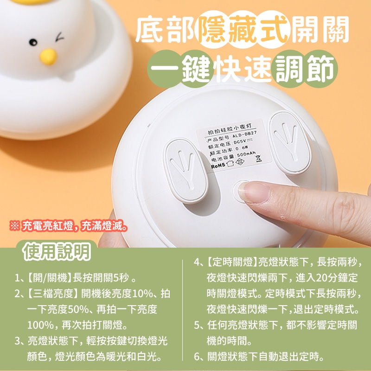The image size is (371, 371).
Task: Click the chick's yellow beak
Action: point(48,57)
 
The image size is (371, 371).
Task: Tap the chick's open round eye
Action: point(33,42)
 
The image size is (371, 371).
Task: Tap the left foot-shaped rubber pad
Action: point(186,171)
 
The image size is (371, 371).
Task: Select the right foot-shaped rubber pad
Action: point(290,143)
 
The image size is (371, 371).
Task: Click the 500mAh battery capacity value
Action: point(246,154)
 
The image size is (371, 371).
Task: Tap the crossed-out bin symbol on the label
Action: point(259,158)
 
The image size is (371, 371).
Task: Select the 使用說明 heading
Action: point(57,252)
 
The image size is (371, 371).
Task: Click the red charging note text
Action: point(69,226)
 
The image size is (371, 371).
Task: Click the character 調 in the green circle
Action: point(289,69)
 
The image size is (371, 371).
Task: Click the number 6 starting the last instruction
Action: point(197,357)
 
